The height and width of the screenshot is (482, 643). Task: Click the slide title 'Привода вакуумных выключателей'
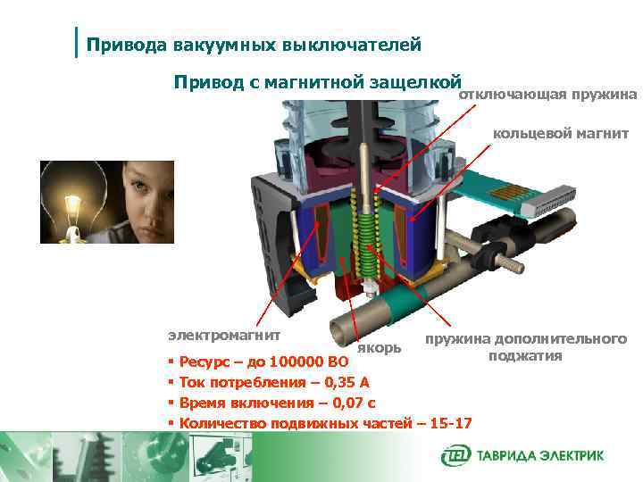pos(253,43)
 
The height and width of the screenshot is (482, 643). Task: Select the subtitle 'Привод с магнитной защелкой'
pos(316,82)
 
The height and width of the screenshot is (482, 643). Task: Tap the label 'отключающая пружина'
pos(547,95)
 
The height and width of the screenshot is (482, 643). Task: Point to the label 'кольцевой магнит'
pos(561,135)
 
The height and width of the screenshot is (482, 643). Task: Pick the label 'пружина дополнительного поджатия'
pos(525,347)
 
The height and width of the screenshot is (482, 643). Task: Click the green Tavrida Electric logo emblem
pos(455,456)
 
